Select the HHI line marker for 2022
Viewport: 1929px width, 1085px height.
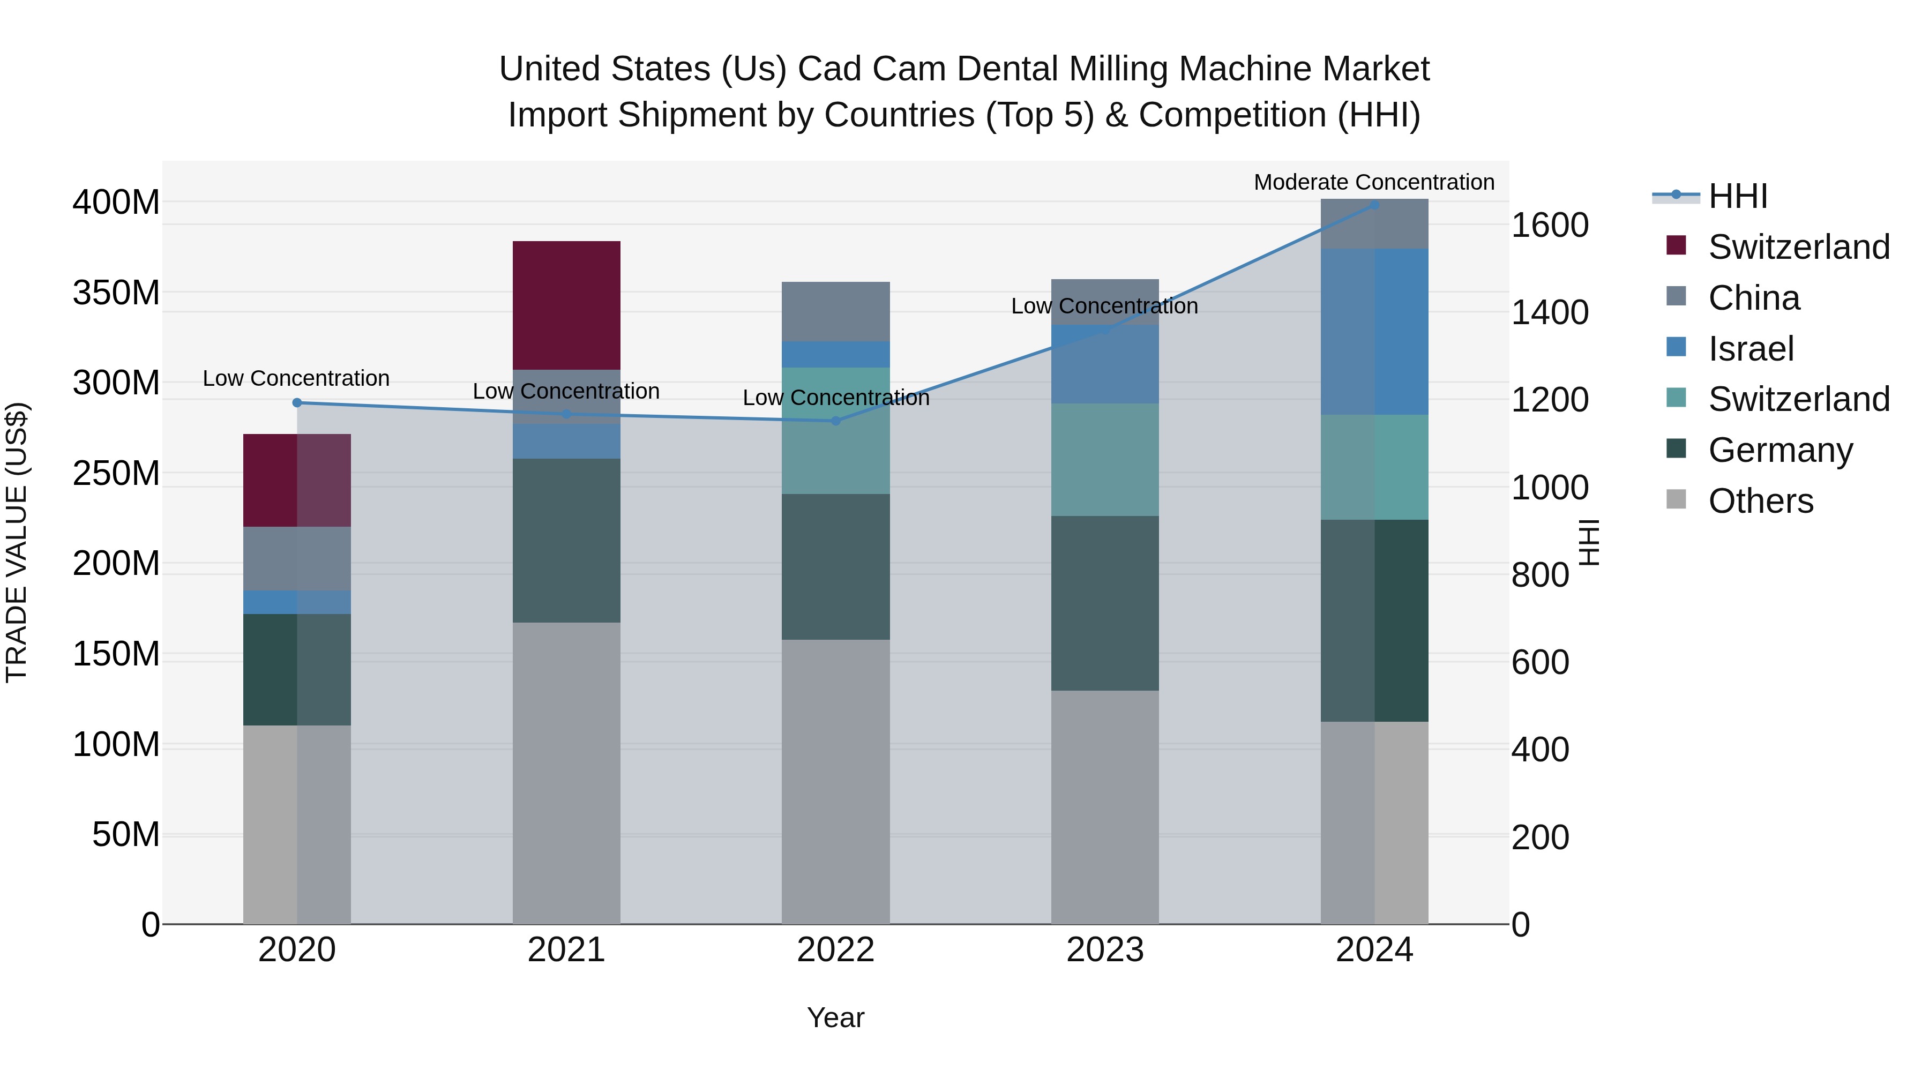click(x=836, y=421)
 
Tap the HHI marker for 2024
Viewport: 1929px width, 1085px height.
click(x=1374, y=205)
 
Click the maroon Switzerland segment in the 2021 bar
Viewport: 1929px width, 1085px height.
click(x=566, y=305)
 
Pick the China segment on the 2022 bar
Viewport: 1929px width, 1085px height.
click(x=836, y=311)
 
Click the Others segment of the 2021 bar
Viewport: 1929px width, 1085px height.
click(x=566, y=773)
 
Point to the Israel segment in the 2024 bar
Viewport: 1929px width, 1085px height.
click(x=1374, y=331)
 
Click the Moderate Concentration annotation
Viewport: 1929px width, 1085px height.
click(x=1373, y=182)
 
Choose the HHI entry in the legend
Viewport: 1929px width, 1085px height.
click(x=1737, y=196)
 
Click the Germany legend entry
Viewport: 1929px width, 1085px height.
click(x=1780, y=450)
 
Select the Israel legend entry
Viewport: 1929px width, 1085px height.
click(x=1751, y=349)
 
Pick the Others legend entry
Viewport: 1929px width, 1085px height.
click(x=1761, y=501)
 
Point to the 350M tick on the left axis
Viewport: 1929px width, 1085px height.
click(x=116, y=293)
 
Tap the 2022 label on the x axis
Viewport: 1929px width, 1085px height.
click(x=836, y=950)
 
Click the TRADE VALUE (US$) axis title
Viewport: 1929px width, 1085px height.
click(x=17, y=542)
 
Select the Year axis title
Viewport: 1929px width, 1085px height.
click(x=836, y=1017)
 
